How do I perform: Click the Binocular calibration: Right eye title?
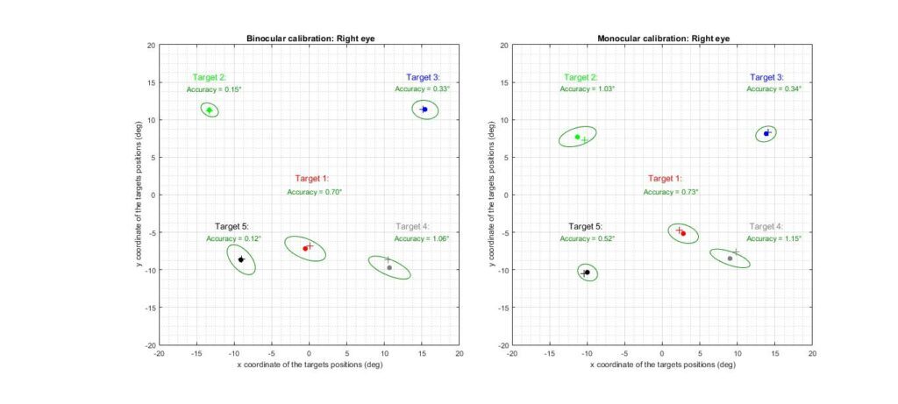pos(309,39)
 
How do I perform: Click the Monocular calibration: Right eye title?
pos(662,39)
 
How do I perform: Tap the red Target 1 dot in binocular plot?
pos(305,249)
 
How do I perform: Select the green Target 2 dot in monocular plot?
pos(577,137)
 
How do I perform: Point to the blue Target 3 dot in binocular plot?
pos(424,110)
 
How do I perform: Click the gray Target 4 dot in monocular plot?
pos(730,259)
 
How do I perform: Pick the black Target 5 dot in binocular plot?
pos(240,259)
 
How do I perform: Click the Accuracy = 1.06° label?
pos(422,238)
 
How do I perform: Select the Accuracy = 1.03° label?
pos(588,89)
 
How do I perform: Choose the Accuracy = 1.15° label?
pos(774,238)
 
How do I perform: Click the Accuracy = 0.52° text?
pos(588,238)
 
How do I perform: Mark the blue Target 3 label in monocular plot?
pos(767,77)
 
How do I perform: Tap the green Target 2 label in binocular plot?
pos(210,77)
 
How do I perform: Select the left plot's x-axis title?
pos(309,364)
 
